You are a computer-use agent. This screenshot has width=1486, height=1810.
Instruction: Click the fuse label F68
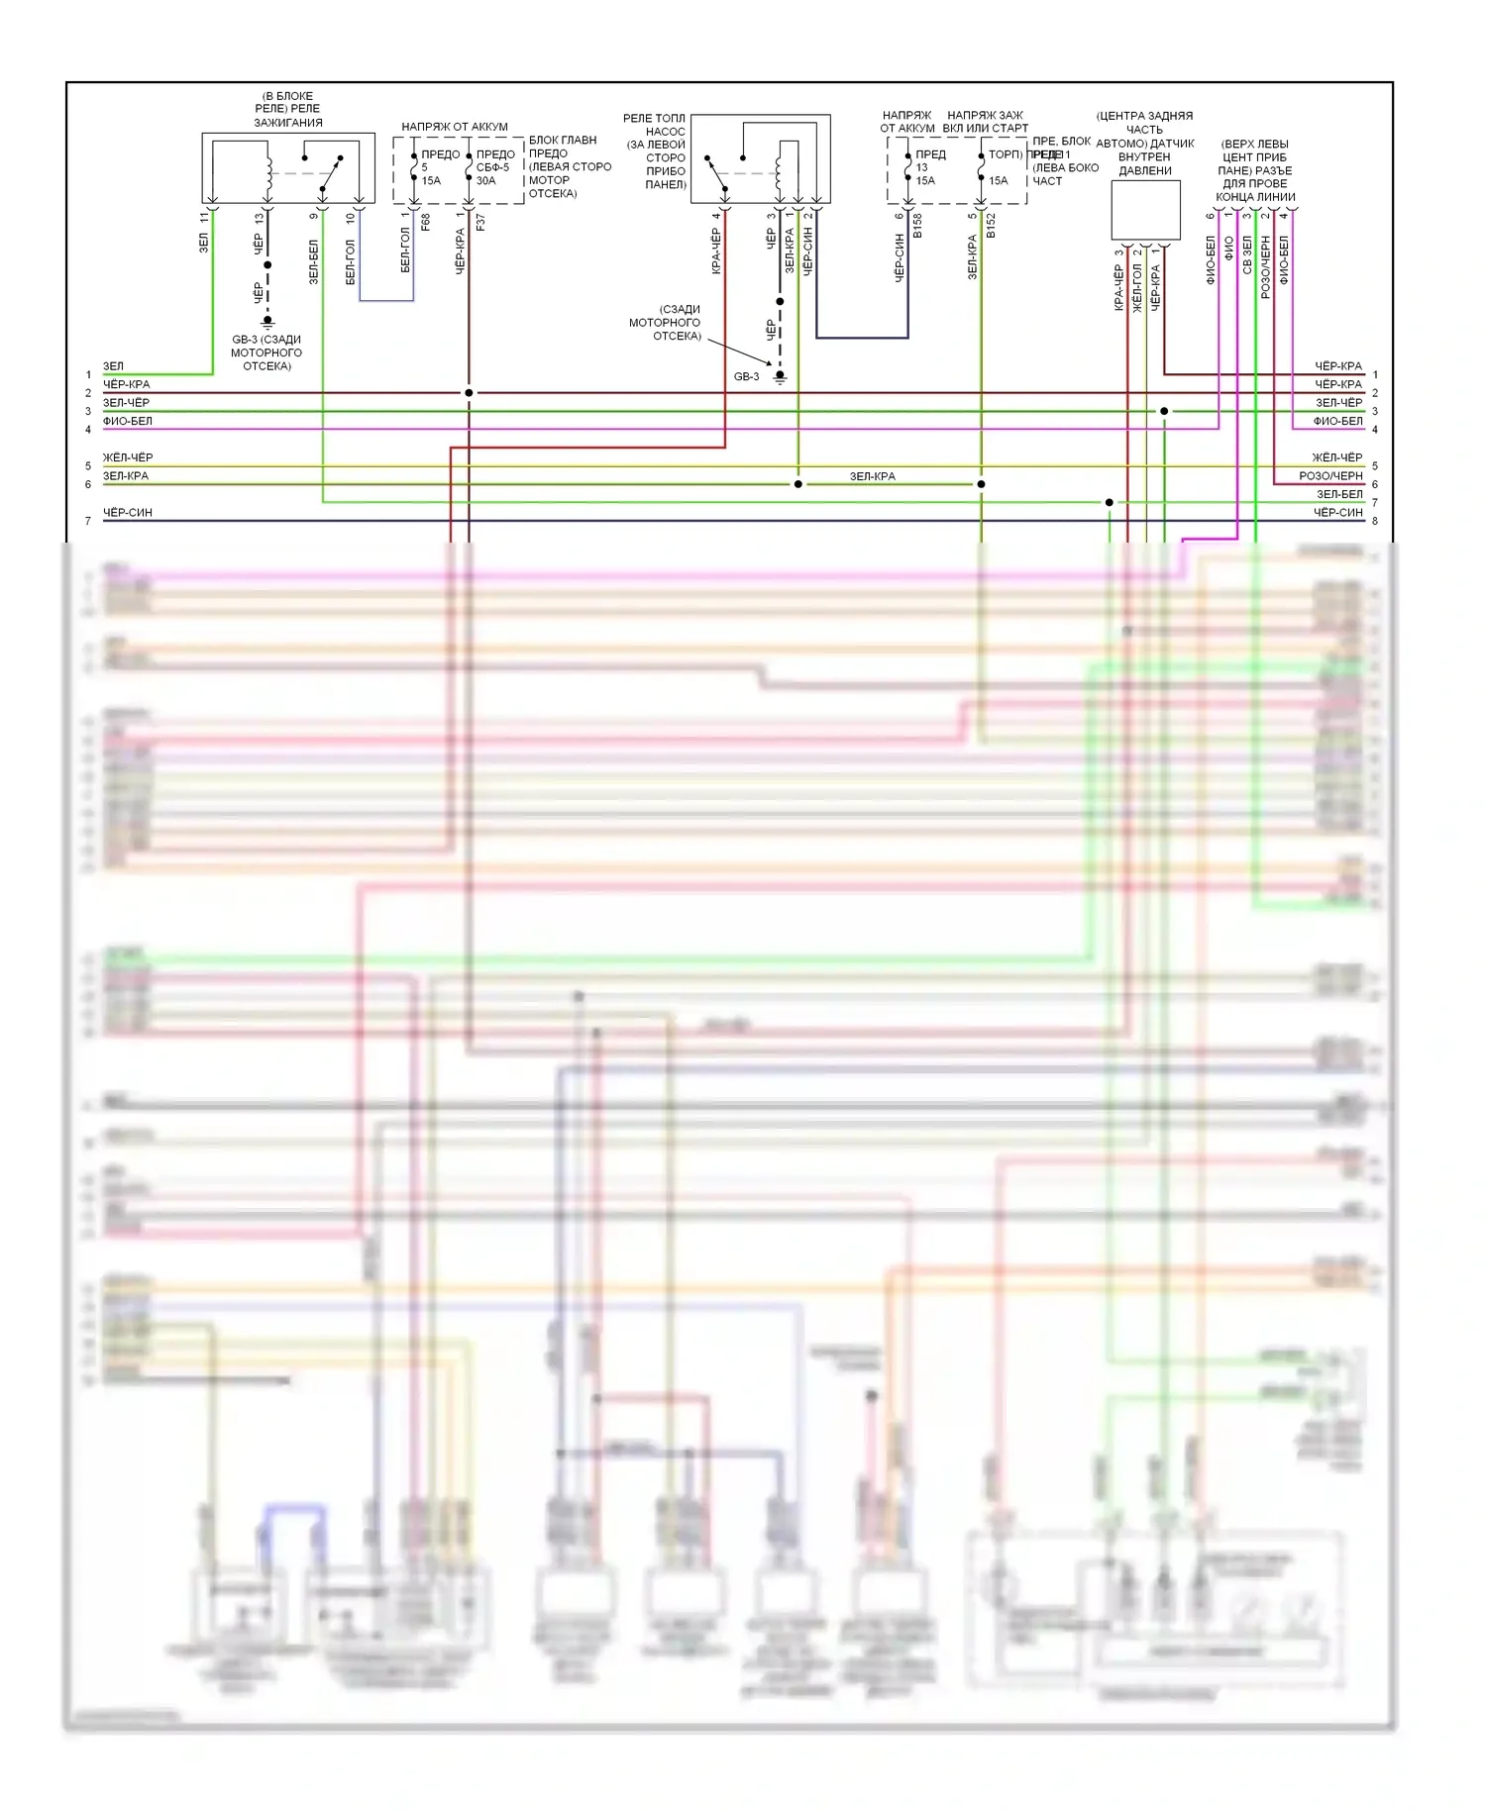pos(426,222)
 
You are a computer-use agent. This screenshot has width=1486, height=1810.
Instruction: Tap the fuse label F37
pos(481,222)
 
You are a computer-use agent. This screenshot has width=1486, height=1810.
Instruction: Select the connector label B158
pos(918,225)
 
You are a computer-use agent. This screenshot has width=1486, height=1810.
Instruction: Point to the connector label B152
pos(991,225)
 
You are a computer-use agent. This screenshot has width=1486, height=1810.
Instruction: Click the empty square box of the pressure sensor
pos(1145,210)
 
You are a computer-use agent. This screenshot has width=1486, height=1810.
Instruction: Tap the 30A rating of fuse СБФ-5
pos(485,180)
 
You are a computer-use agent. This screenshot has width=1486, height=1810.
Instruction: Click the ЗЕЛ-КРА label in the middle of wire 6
pos(872,476)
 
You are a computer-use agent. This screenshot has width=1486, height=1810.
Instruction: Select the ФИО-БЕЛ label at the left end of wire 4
pos(128,421)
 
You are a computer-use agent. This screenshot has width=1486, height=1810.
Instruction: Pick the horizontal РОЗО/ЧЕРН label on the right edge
pos(1330,476)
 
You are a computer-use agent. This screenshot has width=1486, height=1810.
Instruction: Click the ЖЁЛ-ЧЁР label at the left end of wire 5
pos(128,457)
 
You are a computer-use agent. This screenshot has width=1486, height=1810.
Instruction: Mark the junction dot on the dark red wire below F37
pos(469,393)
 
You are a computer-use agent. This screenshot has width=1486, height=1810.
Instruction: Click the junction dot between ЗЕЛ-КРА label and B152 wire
pos(981,484)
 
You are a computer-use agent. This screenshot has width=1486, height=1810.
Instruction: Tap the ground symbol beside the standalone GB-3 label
pos(780,377)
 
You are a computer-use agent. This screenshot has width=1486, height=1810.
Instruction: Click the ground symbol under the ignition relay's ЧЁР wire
pos(266,322)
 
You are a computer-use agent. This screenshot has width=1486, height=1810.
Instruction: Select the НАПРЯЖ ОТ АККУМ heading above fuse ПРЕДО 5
pos(455,127)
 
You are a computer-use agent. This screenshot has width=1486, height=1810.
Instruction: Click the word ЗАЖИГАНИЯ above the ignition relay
pos(288,123)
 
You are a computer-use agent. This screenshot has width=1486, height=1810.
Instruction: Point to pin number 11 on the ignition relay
pos(205,217)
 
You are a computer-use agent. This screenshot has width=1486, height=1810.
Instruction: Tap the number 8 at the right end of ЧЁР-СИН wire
pos(1375,521)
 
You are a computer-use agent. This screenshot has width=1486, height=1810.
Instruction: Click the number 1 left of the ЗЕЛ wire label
pos(88,375)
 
